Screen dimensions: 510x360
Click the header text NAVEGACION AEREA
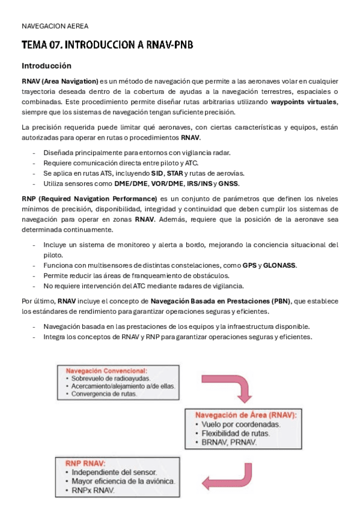coord(55,26)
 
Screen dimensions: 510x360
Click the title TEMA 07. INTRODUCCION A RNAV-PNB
coord(107,45)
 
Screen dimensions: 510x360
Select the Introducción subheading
coord(46,66)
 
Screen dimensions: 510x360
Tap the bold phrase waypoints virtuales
coord(304,102)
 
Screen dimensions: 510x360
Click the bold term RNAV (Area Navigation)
coord(60,81)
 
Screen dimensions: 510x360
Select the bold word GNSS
coord(229,183)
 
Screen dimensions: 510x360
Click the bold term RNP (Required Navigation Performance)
coord(88,198)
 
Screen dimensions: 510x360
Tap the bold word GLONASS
coord(279,265)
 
